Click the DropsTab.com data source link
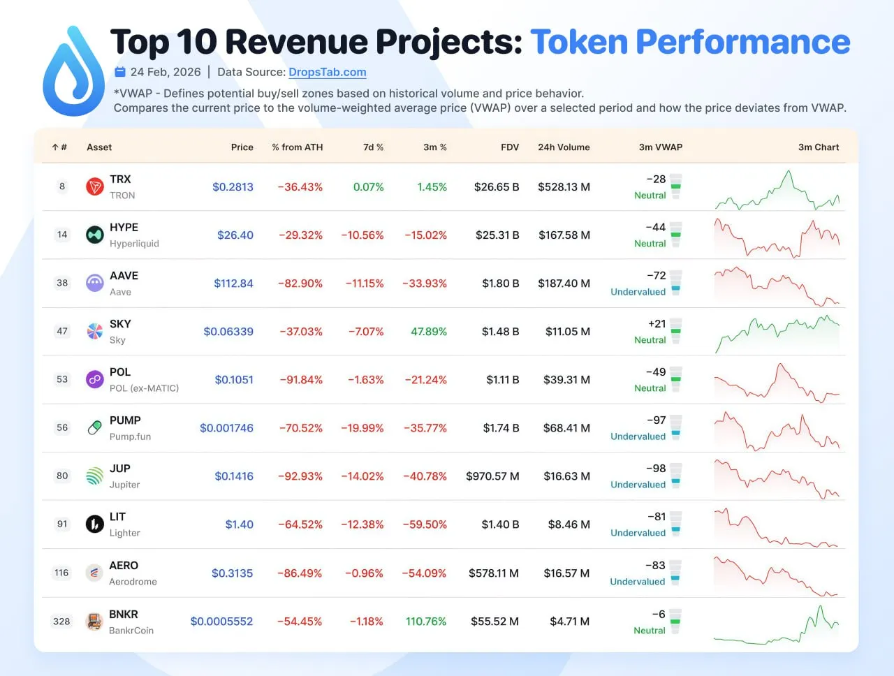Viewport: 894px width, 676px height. [327, 72]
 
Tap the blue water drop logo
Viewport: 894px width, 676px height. [73, 73]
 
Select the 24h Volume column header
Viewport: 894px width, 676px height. [564, 147]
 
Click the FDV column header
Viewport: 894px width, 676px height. [510, 147]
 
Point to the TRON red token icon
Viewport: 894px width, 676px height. [95, 186]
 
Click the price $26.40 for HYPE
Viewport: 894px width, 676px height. [235, 235]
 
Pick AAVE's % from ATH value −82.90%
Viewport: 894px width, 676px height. [300, 284]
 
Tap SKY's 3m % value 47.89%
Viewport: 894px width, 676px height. [428, 332]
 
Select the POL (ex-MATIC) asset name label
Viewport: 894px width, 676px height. [144, 388]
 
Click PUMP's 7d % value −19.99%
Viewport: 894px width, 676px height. [362, 428]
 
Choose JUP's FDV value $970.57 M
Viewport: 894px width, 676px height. [492, 476]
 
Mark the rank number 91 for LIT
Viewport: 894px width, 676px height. [62, 524]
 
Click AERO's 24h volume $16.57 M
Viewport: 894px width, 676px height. [566, 573]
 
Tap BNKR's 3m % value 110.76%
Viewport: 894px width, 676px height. [426, 622]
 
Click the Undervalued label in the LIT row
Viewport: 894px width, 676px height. [638, 533]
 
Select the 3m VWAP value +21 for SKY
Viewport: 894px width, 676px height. [657, 324]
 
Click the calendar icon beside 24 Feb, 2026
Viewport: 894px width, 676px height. [120, 72]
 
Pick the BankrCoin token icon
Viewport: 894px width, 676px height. [94, 621]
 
